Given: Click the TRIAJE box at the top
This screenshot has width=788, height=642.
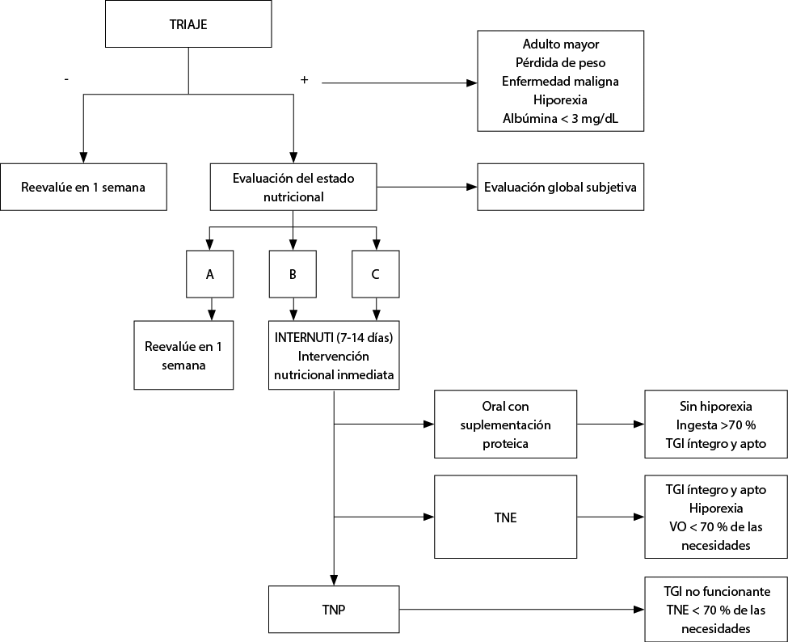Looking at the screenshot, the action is pos(188,23).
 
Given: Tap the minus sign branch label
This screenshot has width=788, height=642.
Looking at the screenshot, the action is pos(66,79).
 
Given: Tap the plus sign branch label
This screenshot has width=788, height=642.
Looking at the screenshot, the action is pos(304,79).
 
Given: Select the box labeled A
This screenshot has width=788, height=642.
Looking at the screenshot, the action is pos(209,274).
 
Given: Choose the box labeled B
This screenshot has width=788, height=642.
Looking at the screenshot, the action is pos(293,274).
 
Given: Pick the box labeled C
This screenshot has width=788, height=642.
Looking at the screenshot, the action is pos(375,274).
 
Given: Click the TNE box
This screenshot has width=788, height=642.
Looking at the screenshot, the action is pos(506,517).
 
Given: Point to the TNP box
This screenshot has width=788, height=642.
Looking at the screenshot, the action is pos(335,610).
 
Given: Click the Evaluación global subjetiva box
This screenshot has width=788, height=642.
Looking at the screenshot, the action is pos(560,187).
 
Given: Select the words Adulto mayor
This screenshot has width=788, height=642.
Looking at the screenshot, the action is pos(561,44).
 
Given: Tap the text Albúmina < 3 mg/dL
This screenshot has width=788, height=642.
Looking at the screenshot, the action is pos(561,119).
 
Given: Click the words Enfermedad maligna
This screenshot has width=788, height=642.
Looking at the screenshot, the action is pos(560,82).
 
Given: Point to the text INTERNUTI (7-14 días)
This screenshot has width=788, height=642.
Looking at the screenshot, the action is pos(334,337).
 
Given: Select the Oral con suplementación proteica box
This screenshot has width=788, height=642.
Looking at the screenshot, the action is pos(506,424).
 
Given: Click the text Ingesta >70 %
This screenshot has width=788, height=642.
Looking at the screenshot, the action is pos(716,424).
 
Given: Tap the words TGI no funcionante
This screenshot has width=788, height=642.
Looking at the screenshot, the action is pos(717,591).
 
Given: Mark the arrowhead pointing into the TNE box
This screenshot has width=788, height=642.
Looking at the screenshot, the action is pos(429,517).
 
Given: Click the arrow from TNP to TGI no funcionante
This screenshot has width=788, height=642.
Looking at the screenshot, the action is pos(522,610).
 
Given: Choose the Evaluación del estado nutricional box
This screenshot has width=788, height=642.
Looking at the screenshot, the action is pos(293,187).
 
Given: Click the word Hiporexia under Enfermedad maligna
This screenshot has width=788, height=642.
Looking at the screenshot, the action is pos(560,100).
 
